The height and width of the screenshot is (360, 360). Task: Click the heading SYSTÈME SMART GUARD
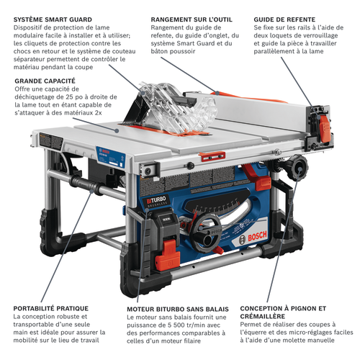pos(53,19)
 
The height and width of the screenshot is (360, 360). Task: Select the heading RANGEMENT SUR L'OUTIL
pos(192,19)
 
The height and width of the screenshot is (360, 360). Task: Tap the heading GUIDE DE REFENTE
pos(284,19)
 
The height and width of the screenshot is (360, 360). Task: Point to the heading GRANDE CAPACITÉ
pos(45,81)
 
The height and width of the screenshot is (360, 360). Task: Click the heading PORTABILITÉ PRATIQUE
pos(51,308)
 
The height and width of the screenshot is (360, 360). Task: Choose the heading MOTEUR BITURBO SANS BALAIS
pos(178,309)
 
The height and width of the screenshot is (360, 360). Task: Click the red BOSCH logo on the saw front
pos(257,236)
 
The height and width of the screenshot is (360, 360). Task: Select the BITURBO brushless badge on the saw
pos(156,201)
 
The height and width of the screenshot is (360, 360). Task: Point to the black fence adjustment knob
pos(297,168)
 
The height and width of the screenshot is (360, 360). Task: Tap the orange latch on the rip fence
pos(325,131)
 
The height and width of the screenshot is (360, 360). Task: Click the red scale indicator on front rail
pos(212,156)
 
